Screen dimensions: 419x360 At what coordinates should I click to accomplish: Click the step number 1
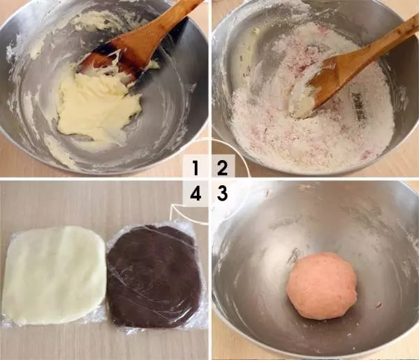point(196,168)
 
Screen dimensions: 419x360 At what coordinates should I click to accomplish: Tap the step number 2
point(222,168)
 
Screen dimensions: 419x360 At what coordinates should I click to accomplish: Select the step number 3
point(222,194)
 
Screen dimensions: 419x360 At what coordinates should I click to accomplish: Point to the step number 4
point(196,194)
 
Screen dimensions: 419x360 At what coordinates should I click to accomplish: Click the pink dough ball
point(322,286)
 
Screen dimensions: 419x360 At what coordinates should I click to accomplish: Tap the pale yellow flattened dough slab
point(54,275)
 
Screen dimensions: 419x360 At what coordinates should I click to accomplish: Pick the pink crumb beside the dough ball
point(378,304)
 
